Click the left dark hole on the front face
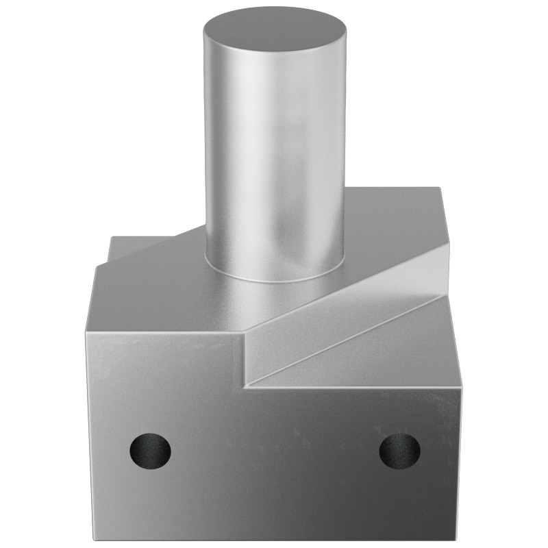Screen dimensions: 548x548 tap(150, 450)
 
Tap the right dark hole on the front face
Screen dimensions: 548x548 tap(399, 450)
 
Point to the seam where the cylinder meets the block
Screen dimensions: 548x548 tap(274, 279)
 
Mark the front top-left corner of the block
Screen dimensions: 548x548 tap(89, 334)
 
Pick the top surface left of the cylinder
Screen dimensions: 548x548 tap(158, 288)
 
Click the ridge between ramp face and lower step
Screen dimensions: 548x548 tap(342, 339)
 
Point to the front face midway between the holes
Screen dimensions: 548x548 tap(274, 450)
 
